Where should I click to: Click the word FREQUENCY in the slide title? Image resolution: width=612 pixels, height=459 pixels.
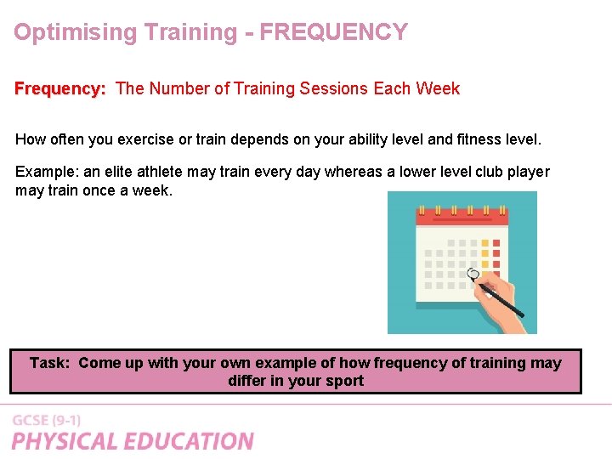(x=333, y=32)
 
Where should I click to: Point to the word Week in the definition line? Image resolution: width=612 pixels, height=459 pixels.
(x=437, y=88)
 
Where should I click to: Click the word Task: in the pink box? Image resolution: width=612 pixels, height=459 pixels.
(x=50, y=363)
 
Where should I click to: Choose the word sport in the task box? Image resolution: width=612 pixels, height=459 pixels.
(x=344, y=381)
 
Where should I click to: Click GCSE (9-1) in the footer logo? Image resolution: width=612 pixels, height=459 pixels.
(x=47, y=420)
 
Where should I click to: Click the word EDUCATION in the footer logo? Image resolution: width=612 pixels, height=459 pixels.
(x=190, y=441)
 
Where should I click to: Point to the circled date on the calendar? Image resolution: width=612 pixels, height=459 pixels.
(x=474, y=274)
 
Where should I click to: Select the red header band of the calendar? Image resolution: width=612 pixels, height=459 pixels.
(x=462, y=217)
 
